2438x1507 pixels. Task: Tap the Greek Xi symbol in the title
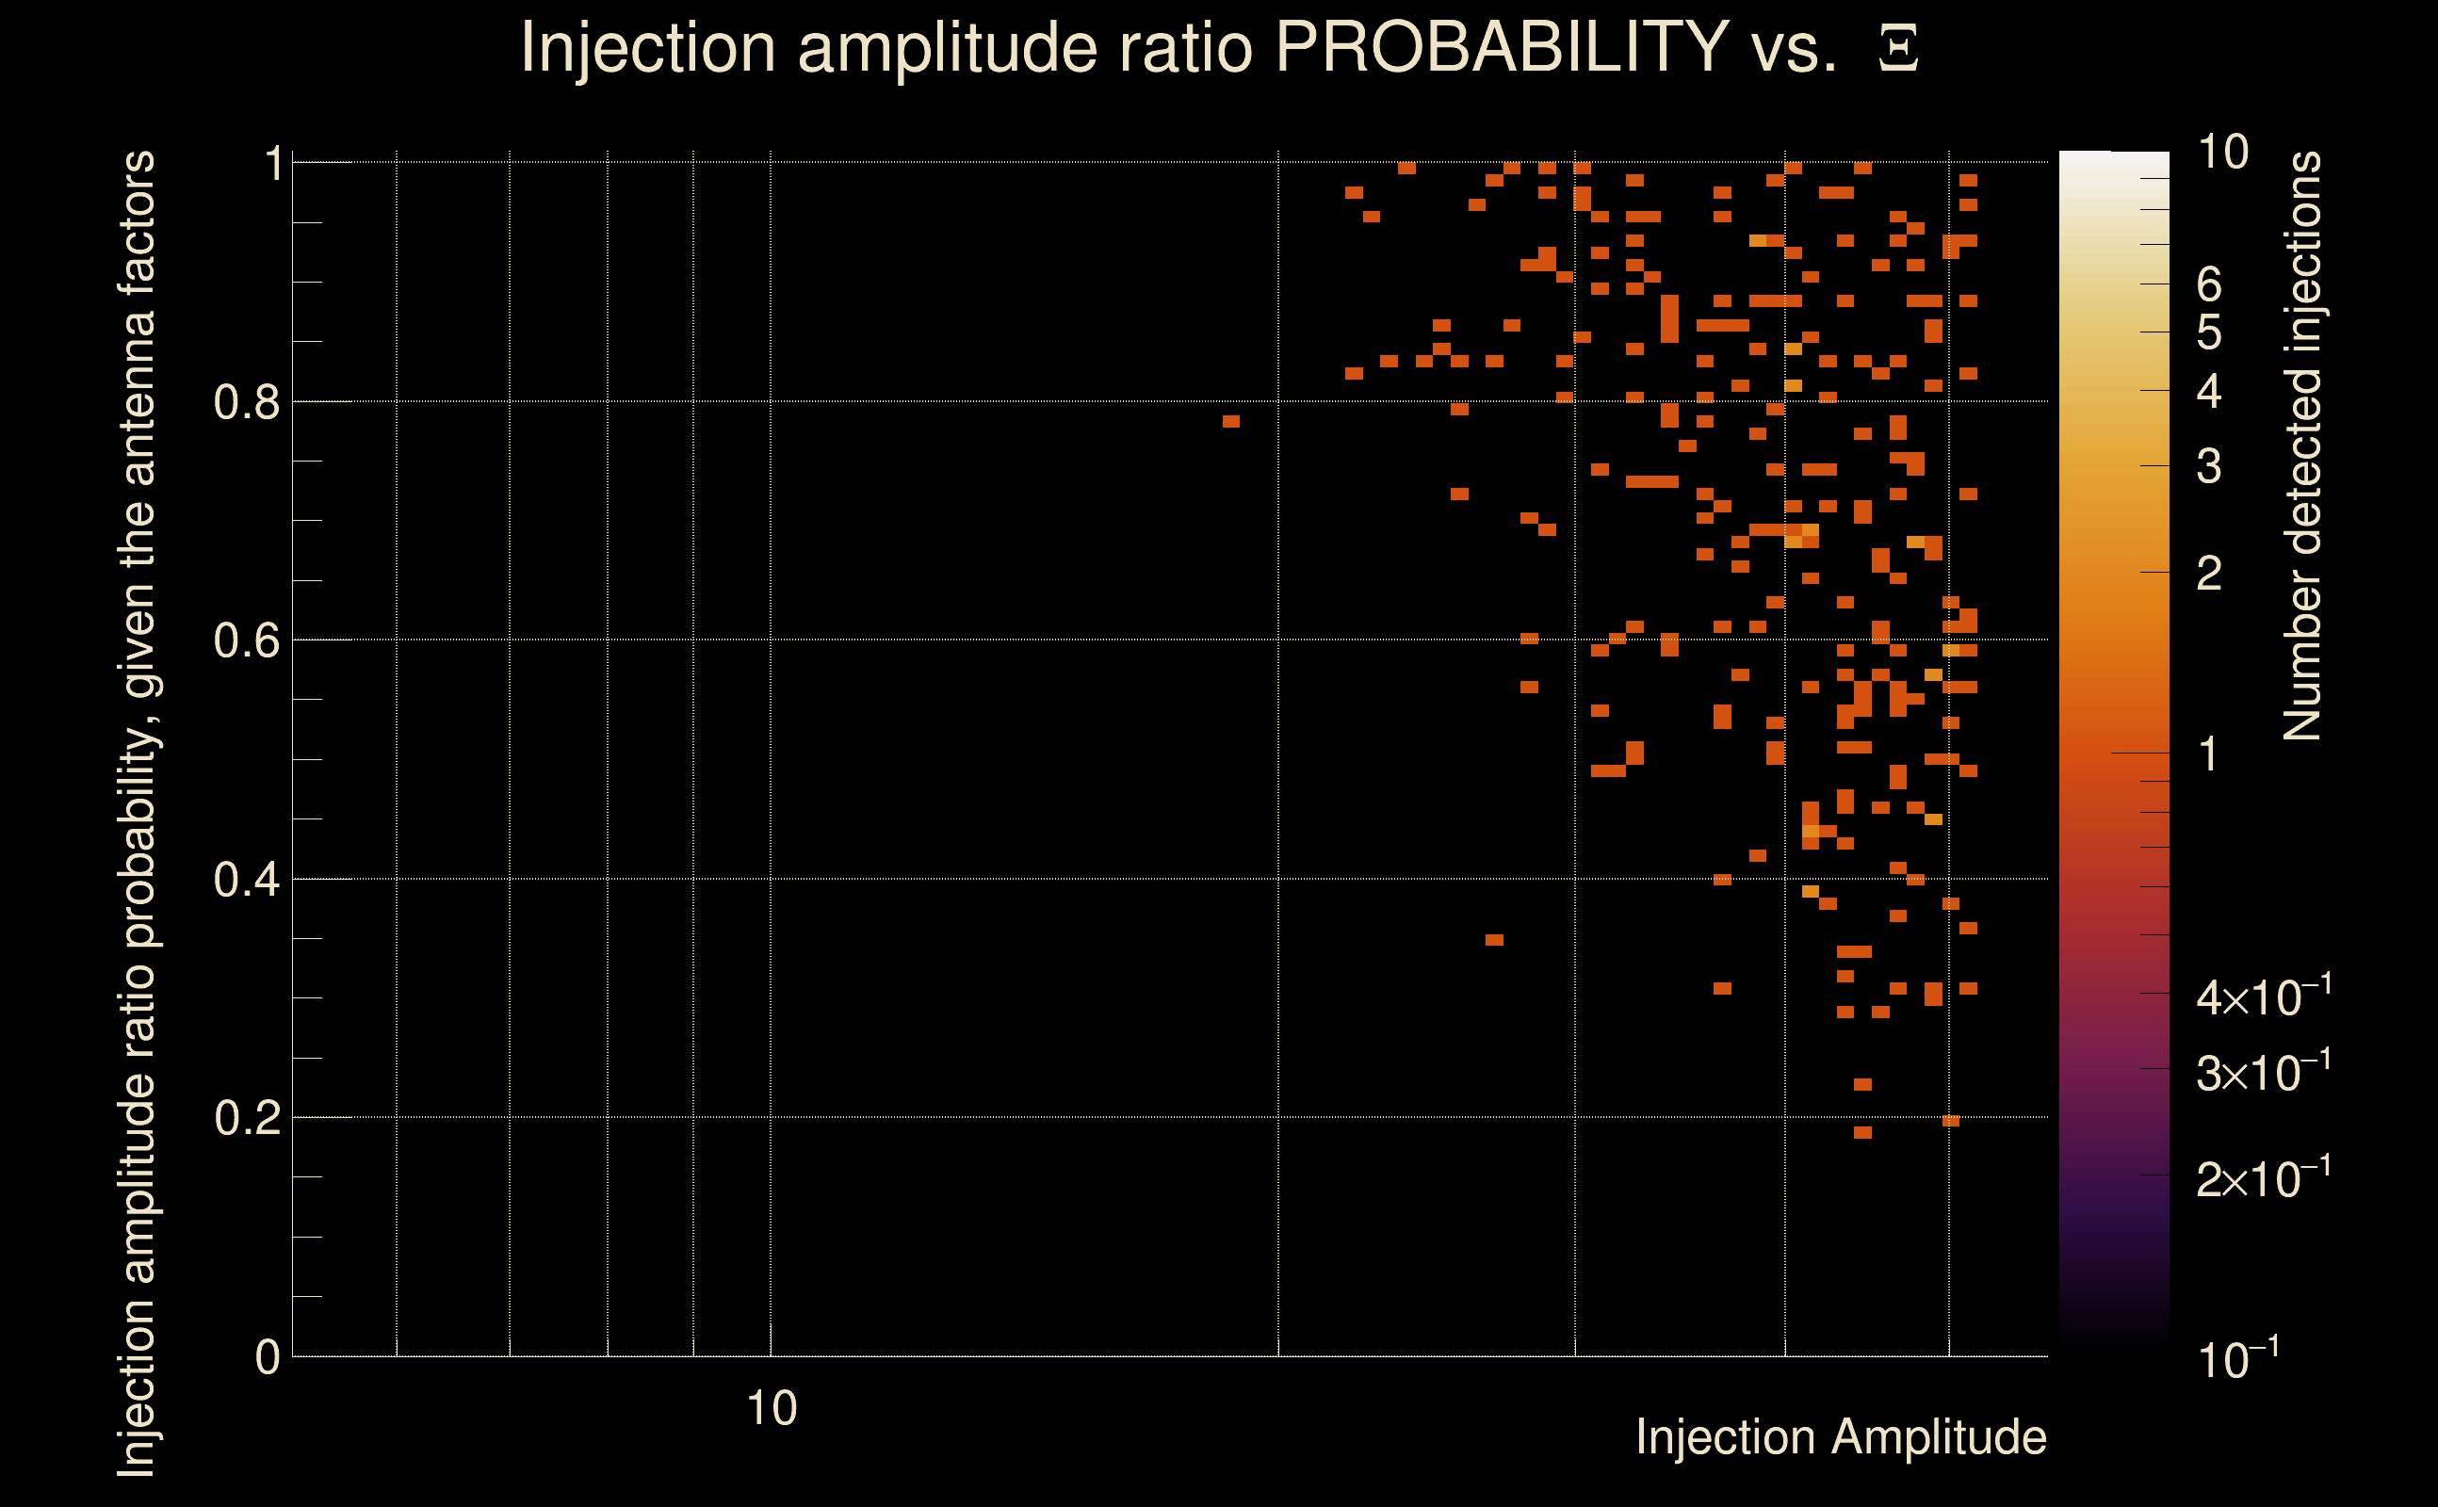(1898, 49)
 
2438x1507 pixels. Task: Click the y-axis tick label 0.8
(246, 403)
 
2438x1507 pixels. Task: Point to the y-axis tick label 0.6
(246, 640)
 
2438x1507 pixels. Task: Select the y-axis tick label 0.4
(246, 880)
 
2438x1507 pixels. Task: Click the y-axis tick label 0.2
(246, 1118)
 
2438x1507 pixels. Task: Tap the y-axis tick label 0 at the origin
(268, 1357)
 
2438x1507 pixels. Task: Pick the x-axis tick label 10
(771, 1409)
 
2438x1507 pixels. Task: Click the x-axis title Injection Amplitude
(1841, 1437)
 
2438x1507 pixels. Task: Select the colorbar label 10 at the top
(2221, 153)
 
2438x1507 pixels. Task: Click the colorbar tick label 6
(2208, 285)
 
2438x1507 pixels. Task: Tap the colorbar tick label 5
(2208, 332)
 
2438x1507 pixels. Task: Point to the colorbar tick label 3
(2208, 466)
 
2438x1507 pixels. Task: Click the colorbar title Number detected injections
(2301, 446)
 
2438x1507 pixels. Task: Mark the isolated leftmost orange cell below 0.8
(1231, 422)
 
